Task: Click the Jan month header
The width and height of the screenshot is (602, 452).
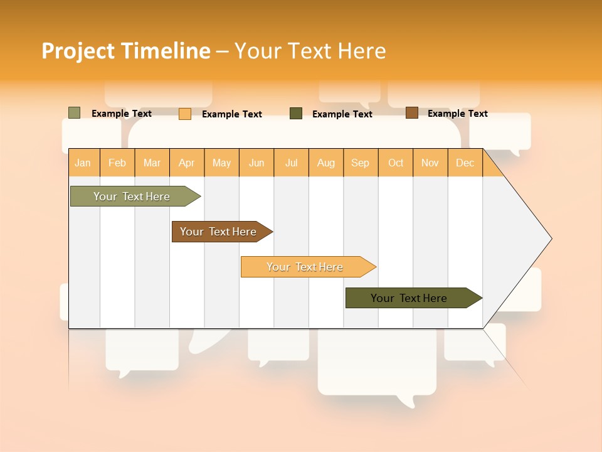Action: (83, 163)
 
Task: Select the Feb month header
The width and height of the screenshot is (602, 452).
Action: (117, 163)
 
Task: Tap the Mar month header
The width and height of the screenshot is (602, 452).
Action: (152, 163)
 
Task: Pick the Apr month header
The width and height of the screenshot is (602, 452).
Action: (187, 163)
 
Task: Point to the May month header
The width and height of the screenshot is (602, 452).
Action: (221, 163)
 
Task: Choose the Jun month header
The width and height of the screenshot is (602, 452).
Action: (256, 163)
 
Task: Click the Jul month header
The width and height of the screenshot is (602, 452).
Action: (291, 163)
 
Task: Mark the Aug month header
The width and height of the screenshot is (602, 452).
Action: (326, 163)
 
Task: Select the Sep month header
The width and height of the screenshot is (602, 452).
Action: (361, 163)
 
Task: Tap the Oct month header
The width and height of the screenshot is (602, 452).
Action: (396, 163)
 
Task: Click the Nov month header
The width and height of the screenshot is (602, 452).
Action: (430, 163)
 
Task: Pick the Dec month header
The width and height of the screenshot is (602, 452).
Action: (465, 163)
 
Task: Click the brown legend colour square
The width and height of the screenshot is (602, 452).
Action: (411, 113)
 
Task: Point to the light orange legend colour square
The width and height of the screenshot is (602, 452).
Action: (185, 114)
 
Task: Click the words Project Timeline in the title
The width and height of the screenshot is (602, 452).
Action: (126, 51)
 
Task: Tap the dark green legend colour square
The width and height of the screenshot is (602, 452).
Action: (296, 114)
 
